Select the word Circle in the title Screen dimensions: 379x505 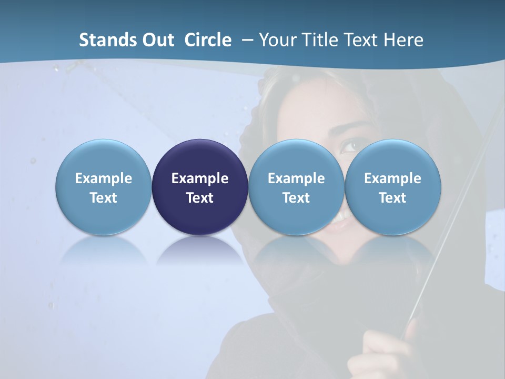tap(208, 40)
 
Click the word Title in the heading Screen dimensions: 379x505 tap(318, 40)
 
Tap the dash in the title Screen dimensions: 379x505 tap(246, 40)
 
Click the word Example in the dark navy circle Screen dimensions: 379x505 tap(200, 178)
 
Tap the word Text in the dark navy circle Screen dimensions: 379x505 tap(200, 198)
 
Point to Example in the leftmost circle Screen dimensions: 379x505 tap(104, 178)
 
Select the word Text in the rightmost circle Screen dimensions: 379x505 tap(393, 198)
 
